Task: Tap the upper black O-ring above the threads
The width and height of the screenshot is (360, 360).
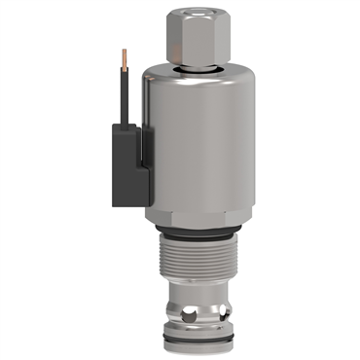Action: (199, 234)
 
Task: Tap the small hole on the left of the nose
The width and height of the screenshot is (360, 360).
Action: (175, 311)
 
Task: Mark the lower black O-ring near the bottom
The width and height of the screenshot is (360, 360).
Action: (200, 336)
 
